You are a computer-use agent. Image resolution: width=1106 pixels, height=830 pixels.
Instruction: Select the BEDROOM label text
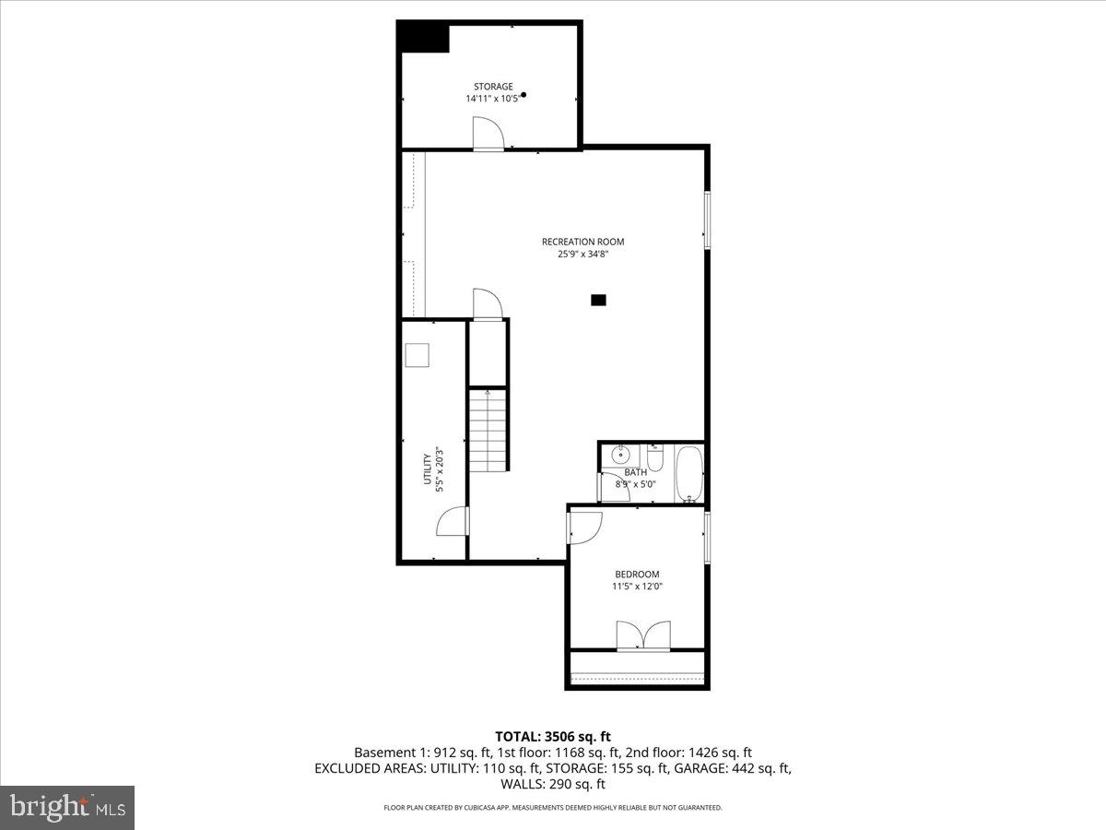click(637, 575)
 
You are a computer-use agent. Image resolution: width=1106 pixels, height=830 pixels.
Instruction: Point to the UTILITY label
click(427, 468)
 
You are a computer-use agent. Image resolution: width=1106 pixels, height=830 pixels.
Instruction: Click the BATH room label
click(635, 472)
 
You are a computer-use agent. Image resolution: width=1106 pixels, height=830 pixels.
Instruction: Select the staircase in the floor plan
click(488, 430)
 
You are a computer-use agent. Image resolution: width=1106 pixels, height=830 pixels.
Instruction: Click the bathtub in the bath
click(688, 472)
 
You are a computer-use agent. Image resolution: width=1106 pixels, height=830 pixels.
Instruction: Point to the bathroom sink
click(622, 453)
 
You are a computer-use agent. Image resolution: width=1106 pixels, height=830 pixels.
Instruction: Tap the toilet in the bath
click(654, 456)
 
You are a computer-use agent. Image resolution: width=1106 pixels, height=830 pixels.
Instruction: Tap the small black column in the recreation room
click(599, 300)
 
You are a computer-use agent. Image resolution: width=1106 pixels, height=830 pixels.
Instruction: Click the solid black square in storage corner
click(423, 38)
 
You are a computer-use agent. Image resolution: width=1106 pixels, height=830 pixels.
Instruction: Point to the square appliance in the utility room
click(418, 354)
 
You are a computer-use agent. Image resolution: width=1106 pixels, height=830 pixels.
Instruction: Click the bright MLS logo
click(67, 807)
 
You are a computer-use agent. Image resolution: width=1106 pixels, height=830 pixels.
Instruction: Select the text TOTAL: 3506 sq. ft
click(553, 736)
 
